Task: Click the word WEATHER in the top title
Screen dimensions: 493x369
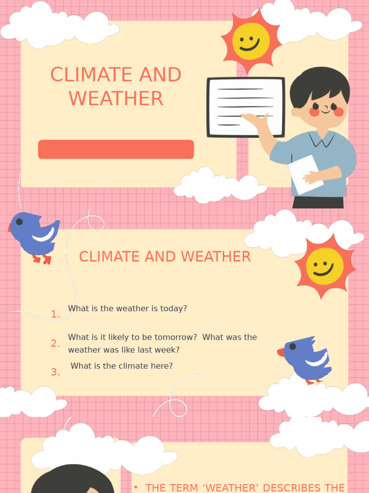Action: point(116,99)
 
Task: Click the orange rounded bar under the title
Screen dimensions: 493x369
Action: point(116,149)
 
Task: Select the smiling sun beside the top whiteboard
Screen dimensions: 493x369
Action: point(250,41)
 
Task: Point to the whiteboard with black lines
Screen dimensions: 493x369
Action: point(246,107)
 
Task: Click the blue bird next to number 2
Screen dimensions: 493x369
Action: point(306,359)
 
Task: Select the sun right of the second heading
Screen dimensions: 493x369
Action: point(325,266)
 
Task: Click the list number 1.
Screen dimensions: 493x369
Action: point(55,314)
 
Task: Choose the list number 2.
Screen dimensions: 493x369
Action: point(55,343)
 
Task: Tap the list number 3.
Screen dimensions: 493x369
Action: point(55,372)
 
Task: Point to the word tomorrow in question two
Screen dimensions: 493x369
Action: point(175,337)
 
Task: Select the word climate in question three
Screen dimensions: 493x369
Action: point(133,366)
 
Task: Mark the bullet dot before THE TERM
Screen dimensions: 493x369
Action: point(136,487)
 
